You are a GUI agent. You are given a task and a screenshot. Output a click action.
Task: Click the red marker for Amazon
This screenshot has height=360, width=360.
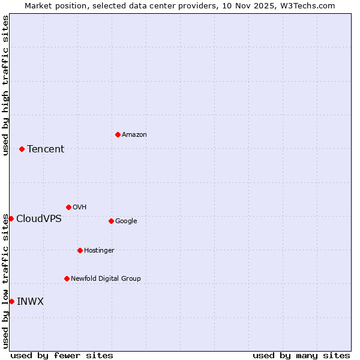118,134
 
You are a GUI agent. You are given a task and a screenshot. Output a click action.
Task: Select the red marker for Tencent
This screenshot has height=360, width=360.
22,149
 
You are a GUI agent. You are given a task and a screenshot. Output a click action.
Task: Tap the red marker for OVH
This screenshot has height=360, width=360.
68,207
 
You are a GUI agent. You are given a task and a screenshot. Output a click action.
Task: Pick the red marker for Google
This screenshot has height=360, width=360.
111,221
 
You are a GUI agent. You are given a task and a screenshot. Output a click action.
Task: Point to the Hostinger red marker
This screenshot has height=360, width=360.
80,250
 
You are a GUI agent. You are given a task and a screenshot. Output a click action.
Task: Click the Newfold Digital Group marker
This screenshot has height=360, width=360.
67,278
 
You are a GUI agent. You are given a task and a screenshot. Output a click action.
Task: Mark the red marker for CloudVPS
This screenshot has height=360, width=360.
11,218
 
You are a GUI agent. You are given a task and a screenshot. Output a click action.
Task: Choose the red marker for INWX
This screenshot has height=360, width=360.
11,301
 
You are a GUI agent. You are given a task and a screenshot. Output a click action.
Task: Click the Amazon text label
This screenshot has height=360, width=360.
134,135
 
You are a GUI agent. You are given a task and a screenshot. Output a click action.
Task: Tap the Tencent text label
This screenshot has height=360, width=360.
46,149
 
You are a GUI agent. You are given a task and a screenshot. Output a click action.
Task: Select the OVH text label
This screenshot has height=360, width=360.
80,208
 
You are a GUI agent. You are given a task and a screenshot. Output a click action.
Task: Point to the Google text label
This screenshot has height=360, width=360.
126,221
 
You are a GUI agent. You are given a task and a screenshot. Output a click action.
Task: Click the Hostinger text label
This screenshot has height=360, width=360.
99,251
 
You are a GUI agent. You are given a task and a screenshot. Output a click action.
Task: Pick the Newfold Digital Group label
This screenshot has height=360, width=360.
106,279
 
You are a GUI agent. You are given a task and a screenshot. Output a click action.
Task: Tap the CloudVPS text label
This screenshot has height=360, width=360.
39,219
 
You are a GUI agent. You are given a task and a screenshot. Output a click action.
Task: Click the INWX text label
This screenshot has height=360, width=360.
30,302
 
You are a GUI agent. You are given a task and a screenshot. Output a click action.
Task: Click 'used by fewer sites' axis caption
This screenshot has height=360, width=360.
62,355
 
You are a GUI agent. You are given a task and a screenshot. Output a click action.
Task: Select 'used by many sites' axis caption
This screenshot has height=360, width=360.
301,355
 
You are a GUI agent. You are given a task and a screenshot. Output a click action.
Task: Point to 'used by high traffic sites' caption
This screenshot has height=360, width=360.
5,85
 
